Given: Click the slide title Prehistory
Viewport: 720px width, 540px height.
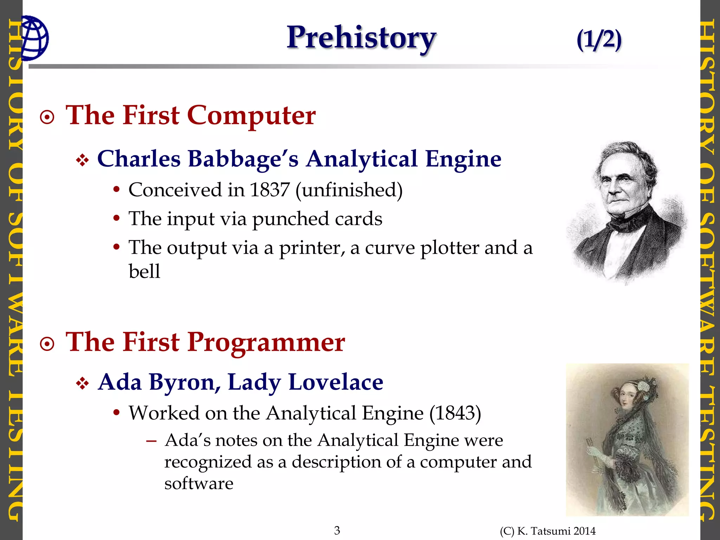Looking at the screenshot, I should coord(361,38).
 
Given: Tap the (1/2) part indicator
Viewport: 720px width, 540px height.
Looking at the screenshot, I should coord(599,39).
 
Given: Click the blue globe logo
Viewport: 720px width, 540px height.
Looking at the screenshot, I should coord(34,38).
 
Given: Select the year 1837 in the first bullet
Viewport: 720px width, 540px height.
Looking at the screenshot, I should coord(270,190).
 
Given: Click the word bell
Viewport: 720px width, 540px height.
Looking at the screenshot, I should coord(144,271).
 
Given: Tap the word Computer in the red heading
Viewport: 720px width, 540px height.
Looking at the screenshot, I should coord(251,115).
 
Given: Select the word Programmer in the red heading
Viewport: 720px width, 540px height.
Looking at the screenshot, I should coord(266,342).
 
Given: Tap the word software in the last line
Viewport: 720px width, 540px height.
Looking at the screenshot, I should coord(199,483).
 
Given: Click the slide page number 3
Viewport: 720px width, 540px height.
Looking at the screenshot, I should coord(337,530).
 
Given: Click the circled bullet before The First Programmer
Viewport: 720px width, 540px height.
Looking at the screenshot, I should coord(47,344).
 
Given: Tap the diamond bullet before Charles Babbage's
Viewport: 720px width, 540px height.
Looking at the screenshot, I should coord(82,160).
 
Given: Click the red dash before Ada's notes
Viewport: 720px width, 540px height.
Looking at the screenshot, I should coord(151,441).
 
